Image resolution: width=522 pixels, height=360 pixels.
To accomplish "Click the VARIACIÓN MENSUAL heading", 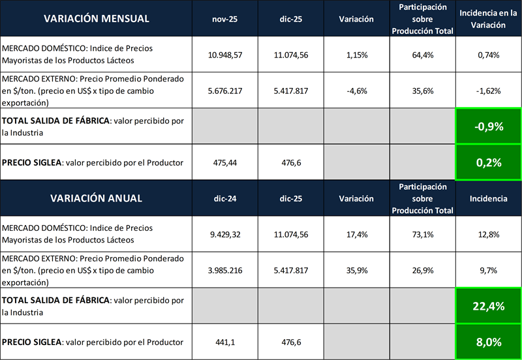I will pos(97,18).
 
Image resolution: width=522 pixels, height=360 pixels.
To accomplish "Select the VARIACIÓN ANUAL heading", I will pos(97,198).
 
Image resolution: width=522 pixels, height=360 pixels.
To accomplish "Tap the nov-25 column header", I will pos(224,18).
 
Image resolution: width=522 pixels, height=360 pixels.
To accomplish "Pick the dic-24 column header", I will pos(224,198).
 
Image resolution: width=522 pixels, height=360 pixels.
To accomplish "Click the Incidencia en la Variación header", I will pos(488,18).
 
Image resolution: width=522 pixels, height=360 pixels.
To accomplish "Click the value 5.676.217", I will pos(224,91).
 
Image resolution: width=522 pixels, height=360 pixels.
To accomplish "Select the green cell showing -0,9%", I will pos(488,127).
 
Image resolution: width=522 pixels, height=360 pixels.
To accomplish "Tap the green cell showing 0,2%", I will pos(488,162).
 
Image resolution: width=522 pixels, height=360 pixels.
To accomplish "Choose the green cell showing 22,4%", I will pos(488,306).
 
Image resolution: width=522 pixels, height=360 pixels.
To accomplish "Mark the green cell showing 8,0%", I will pos(488,342).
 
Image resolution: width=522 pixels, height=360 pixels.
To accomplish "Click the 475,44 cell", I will pos(224,162).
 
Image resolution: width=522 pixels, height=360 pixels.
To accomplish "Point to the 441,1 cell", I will pos(224,342).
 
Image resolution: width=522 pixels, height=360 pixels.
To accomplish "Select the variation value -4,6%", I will pos(356,91).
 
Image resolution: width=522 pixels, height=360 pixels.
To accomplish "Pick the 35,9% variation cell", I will pos(356,270).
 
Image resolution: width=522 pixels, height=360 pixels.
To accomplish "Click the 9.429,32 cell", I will pos(224,234).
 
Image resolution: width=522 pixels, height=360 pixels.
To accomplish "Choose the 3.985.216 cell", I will pos(224,270).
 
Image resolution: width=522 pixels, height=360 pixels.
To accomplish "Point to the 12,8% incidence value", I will pos(488,234).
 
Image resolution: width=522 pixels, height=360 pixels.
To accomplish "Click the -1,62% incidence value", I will pos(488,91).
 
